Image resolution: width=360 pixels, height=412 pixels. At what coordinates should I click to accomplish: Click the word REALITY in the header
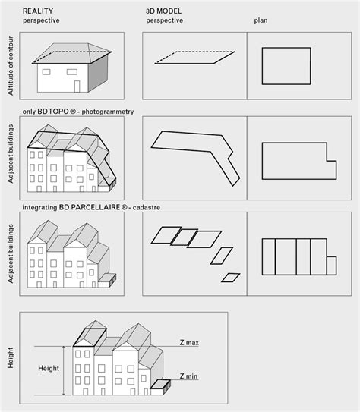(38, 11)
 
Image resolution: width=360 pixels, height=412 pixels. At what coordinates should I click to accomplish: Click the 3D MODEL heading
(163, 11)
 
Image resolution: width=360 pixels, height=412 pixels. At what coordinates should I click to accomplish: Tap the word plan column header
(261, 20)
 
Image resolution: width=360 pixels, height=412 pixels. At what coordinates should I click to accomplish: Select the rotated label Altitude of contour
(11, 66)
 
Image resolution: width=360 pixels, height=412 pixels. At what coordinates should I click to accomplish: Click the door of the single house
(77, 86)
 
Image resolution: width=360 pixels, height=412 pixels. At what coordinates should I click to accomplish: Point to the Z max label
(189, 343)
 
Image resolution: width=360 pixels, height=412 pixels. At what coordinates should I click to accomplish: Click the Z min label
(188, 376)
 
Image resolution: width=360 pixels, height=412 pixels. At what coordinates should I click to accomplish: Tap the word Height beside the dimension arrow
(49, 369)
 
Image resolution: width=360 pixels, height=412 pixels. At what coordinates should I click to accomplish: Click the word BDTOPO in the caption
(53, 112)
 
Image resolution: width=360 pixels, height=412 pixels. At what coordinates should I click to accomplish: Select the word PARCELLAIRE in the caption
(96, 207)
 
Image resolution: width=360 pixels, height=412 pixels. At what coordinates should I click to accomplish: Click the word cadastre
(147, 207)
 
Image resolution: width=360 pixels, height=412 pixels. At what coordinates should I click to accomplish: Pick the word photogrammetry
(108, 112)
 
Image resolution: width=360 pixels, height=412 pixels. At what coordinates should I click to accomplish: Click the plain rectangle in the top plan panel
(286, 48)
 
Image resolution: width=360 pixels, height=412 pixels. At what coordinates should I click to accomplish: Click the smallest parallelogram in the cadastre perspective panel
(231, 278)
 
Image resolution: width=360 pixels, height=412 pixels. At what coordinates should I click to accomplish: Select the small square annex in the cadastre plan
(332, 266)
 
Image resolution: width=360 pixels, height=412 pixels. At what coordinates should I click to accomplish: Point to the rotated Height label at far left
(11, 358)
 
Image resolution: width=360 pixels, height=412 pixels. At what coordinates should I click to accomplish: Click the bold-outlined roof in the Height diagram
(90, 338)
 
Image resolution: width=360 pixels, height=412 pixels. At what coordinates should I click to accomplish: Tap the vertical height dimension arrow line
(63, 370)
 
